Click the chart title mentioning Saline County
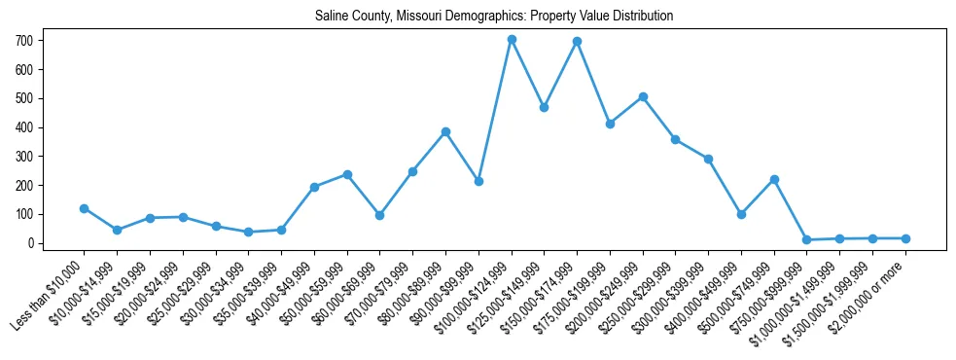(x=494, y=17)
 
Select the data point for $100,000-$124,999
(x=512, y=40)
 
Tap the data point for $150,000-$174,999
(x=578, y=42)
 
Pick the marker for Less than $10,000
(x=84, y=208)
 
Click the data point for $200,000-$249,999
(x=643, y=97)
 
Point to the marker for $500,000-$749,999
(x=774, y=179)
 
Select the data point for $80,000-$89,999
(x=445, y=132)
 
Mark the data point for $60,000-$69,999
(x=379, y=215)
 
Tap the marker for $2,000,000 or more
(x=905, y=238)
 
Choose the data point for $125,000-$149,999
(x=545, y=107)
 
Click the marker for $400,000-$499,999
(x=741, y=214)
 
